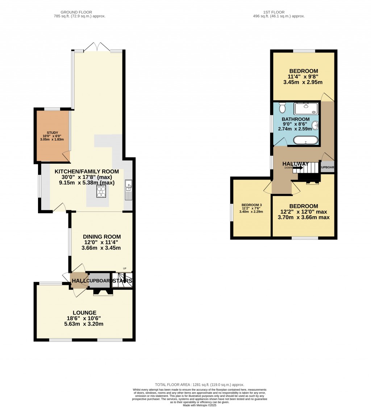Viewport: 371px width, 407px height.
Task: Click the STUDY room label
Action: pyautogui.click(x=53, y=133)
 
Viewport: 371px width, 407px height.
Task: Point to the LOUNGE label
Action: pyautogui.click(x=84, y=312)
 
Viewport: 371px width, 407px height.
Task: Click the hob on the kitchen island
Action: pyautogui.click(x=101, y=191)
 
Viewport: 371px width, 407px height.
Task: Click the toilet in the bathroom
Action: pyautogui.click(x=283, y=108)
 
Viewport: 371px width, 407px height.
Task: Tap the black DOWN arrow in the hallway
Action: pyautogui.click(x=298, y=168)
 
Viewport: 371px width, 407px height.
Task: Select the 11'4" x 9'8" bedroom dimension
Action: pyautogui.click(x=303, y=76)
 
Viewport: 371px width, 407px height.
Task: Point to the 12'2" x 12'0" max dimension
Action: pyautogui.click(x=303, y=212)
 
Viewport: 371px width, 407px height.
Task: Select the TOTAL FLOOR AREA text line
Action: pyautogui.click(x=199, y=385)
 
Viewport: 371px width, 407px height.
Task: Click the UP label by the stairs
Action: pyautogui.click(x=125, y=268)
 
